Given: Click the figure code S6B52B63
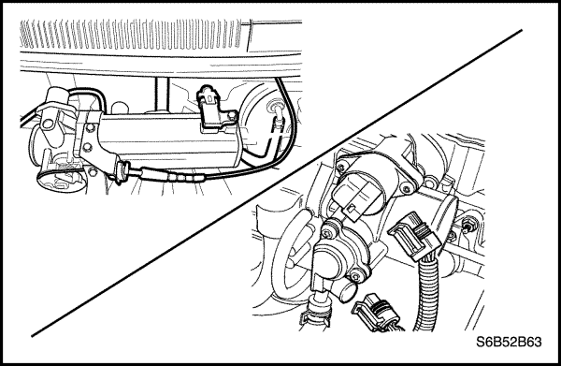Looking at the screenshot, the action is pos(509,342).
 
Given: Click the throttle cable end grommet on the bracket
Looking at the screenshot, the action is pos(122,171).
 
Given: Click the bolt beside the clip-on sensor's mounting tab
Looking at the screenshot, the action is pos(232,115).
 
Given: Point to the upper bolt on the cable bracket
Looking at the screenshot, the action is pos(90,127).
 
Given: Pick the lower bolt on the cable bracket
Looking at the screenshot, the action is pos(87,147).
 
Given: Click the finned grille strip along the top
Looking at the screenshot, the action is pos(131,35).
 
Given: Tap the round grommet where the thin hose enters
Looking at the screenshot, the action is pos(276,106).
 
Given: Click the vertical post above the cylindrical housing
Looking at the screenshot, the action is pos(160,94).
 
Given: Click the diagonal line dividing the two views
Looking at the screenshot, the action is pos(277,183).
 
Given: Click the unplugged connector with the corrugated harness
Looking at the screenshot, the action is pos(414,236).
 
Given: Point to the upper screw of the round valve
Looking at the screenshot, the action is pos(328,234).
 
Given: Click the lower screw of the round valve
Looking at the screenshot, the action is pos(355,276).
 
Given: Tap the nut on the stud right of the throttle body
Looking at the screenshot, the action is pos(468,227).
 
